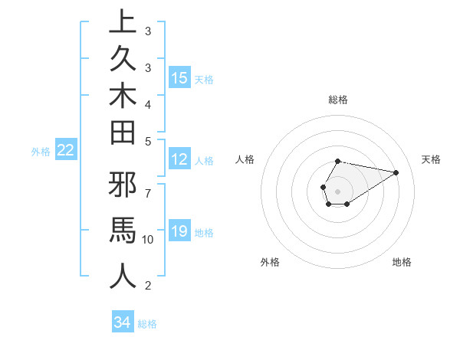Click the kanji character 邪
click(x=122, y=187)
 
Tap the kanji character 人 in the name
click(x=122, y=277)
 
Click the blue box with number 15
click(x=179, y=78)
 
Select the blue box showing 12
click(x=179, y=159)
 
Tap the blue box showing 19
click(x=179, y=231)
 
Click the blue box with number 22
click(x=65, y=150)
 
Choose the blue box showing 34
click(x=122, y=322)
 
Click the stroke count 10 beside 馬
click(x=148, y=240)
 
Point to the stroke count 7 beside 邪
click(x=148, y=186)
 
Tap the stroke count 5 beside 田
click(x=148, y=141)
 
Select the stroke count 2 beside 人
click(x=148, y=286)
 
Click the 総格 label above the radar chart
click(x=337, y=100)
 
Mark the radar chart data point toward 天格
click(x=396, y=172)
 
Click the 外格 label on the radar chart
click(x=270, y=262)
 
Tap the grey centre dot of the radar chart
click(x=337, y=190)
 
